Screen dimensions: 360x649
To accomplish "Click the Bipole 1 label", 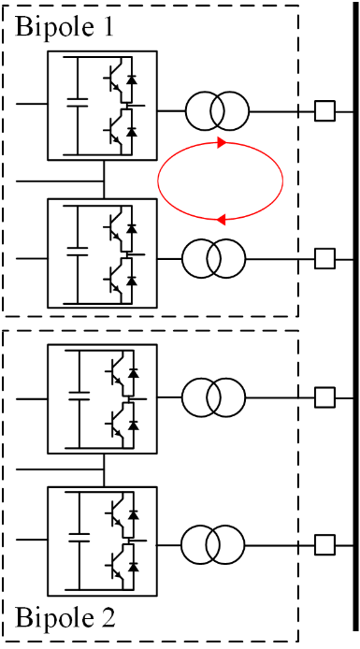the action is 65,27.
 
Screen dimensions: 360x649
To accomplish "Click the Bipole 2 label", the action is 65,618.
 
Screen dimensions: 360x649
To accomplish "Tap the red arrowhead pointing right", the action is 222,143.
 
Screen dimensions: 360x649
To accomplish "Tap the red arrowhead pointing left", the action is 222,220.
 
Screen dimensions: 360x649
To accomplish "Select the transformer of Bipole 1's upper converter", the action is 217,111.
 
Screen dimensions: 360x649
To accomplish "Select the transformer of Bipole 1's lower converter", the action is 214,259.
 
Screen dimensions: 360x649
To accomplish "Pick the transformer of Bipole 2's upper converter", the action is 214,397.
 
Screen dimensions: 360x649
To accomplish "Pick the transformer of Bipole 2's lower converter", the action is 212,544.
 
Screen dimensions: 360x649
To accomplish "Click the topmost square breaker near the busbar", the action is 324,111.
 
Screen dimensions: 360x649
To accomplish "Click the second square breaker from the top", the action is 324,259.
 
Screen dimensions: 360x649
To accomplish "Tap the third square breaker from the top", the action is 324,397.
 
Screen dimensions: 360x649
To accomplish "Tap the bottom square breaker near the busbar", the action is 324,544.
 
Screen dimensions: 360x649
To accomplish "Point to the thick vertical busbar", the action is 356,317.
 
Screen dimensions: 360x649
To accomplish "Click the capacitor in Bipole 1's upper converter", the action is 78,103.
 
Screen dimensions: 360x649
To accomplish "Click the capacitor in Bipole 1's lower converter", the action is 78,251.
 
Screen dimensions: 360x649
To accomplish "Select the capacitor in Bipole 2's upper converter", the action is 79,396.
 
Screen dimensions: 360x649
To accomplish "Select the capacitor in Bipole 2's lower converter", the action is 79,537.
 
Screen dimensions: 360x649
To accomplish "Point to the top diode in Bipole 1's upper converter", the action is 132,79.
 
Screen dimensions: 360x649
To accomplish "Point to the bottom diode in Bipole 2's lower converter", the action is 133,566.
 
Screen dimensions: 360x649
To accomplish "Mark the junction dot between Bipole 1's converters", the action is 104,180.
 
